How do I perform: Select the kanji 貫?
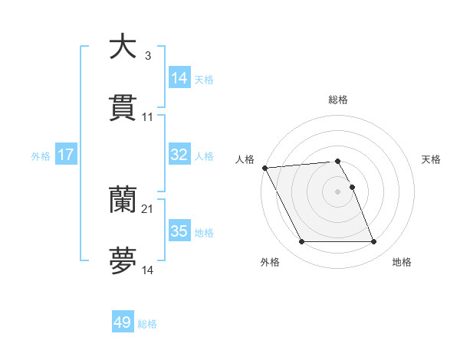tap(123, 109)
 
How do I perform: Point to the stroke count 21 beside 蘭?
tap(148, 209)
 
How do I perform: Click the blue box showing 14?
tap(179, 77)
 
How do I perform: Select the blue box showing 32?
tap(179, 155)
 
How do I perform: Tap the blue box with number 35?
tap(179, 231)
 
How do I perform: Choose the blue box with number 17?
tap(66, 155)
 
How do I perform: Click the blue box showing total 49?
tap(123, 322)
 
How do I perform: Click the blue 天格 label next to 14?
tap(204, 79)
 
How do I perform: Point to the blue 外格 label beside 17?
tap(41, 156)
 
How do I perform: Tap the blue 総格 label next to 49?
tap(147, 324)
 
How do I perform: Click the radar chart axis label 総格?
tap(338, 100)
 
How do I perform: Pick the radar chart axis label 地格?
tap(402, 263)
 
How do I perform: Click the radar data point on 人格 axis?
tap(264, 168)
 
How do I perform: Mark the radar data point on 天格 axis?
tap(353, 186)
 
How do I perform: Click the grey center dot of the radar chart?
tap(338, 191)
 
